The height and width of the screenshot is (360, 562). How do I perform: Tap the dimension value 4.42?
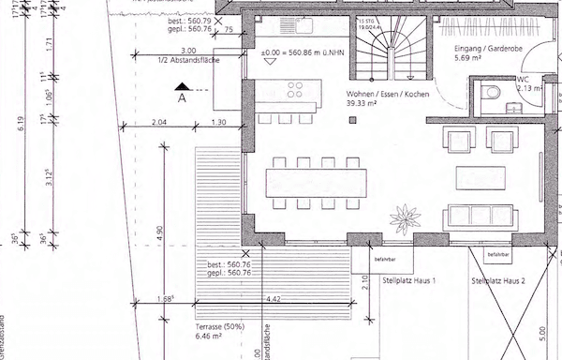pos(273,299)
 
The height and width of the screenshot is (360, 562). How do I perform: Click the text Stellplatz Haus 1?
pos(410,279)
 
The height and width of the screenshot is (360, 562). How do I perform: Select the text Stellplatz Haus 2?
pos(498,280)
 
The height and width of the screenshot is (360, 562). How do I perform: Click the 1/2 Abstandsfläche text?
pos(191,59)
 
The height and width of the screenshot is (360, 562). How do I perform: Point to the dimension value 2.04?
pos(158,123)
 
